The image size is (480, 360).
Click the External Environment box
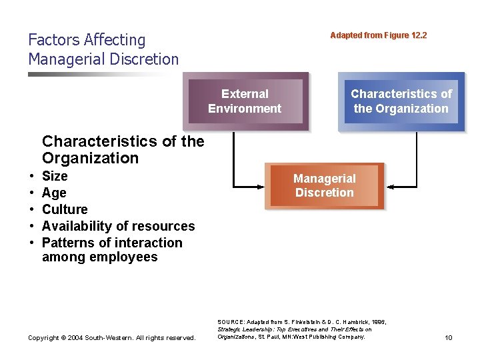[x=245, y=101]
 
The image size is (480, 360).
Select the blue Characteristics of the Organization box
[x=401, y=101]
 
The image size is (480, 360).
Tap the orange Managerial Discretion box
[x=325, y=185]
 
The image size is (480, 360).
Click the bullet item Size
[x=55, y=176]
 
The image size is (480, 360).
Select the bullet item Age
[x=54, y=193]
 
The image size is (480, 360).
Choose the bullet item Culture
[x=65, y=209]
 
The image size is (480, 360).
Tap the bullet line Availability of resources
[x=118, y=226]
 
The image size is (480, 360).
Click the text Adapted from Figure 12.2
[x=378, y=35]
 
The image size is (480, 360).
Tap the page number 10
[x=448, y=338]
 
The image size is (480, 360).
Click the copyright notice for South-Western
[x=111, y=338]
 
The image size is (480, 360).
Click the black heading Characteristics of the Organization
[x=123, y=149]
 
